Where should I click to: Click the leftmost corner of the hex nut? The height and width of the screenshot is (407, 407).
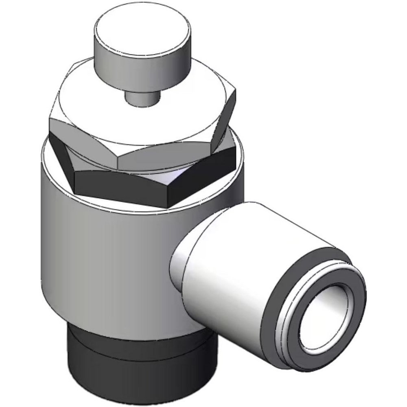(x=50, y=122)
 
